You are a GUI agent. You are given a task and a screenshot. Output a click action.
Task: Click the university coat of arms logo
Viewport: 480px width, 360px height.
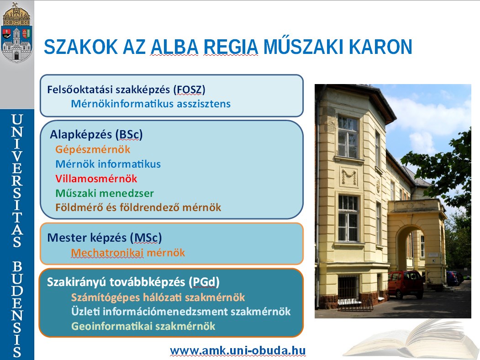(17, 32)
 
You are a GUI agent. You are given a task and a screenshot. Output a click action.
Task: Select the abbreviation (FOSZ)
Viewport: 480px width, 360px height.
(189, 90)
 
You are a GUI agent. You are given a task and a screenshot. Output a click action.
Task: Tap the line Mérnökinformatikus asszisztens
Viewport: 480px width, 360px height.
(151, 104)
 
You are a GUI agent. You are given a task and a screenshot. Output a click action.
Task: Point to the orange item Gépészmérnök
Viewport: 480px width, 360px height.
(93, 150)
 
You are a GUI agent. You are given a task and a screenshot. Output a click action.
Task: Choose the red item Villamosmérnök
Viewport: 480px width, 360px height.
(96, 179)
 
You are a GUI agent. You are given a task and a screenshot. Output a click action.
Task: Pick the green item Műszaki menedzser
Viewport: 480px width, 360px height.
(105, 193)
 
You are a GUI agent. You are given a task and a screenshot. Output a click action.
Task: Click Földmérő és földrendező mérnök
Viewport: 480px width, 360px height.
(138, 207)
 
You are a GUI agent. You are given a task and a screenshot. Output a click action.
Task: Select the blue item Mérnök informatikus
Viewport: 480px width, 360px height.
(108, 164)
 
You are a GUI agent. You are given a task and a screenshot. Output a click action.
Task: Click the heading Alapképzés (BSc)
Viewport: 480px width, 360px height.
(96, 135)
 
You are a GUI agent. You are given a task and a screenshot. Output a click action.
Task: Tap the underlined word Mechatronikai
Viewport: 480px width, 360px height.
(107, 253)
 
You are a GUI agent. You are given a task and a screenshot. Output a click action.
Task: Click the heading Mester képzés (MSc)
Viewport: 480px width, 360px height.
(105, 238)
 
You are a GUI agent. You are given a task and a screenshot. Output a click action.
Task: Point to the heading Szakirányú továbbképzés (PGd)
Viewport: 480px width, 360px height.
(133, 282)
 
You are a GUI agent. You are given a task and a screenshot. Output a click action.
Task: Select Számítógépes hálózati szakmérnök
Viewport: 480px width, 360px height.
(158, 297)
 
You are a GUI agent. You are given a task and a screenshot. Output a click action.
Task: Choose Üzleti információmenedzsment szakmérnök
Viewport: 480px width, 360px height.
(180, 312)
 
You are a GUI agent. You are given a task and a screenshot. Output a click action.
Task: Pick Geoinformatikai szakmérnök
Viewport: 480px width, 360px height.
(143, 326)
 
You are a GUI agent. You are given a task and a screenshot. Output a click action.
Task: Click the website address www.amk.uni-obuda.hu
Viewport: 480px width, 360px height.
(237, 350)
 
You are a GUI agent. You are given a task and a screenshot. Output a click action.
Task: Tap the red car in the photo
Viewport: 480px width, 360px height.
(406, 284)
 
